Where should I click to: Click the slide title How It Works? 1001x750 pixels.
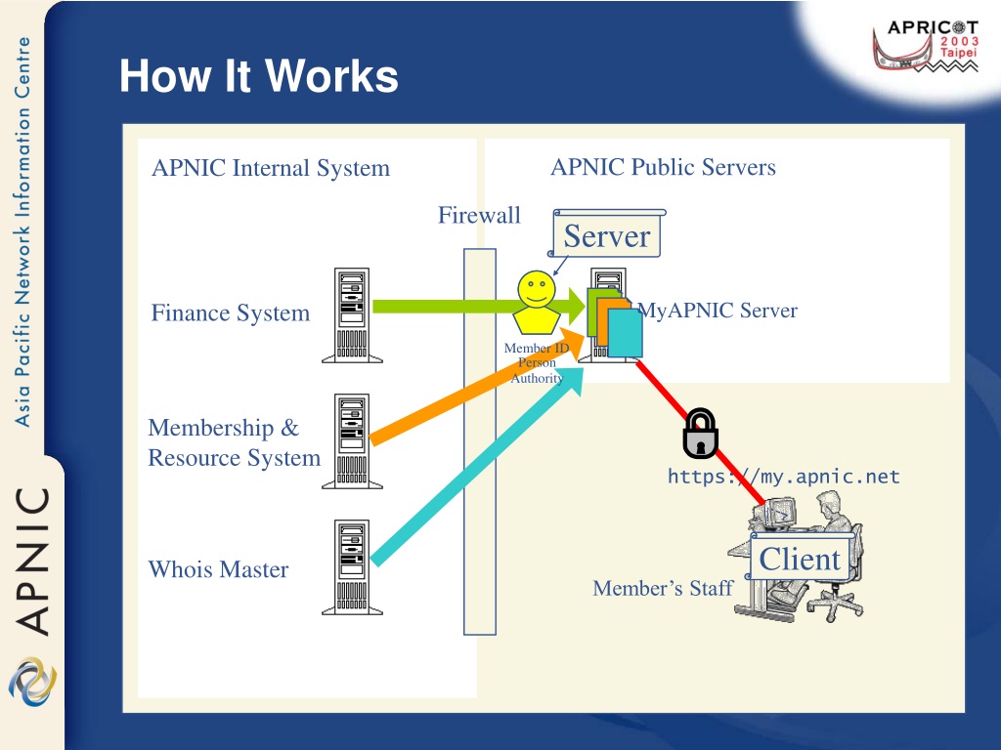258,76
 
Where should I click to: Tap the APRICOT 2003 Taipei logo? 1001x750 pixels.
926,46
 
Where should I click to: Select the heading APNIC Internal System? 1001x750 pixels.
271,168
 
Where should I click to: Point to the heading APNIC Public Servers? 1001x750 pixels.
664,167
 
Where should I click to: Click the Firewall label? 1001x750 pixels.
479,215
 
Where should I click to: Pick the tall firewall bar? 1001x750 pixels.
480,441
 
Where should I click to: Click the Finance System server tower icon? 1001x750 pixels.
352,315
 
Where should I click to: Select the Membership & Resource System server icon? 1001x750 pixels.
352,441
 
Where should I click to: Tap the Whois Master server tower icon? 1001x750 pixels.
352,567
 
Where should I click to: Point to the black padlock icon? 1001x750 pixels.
700,434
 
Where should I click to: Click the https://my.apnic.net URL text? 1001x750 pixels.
784,477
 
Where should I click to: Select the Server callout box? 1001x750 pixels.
606,234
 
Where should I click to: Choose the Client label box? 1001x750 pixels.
800,559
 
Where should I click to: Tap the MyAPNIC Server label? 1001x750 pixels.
718,311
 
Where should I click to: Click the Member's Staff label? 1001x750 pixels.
663,588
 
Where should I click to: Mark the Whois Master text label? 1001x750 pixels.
218,569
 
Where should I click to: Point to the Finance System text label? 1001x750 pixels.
231,313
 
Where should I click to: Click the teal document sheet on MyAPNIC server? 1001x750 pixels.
625,333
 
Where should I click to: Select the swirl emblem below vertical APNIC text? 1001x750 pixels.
32,682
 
